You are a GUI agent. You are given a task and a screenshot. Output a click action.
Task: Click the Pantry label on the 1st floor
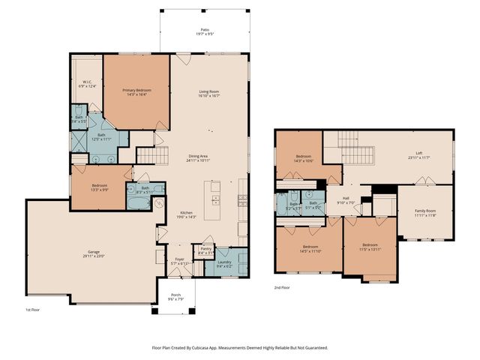202,250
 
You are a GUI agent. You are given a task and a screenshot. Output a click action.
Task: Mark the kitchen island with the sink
215,196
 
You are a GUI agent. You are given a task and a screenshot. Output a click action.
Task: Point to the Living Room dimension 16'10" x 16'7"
208,95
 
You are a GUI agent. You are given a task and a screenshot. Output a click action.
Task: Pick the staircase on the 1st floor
147,154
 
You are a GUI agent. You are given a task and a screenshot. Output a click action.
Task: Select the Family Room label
426,211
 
